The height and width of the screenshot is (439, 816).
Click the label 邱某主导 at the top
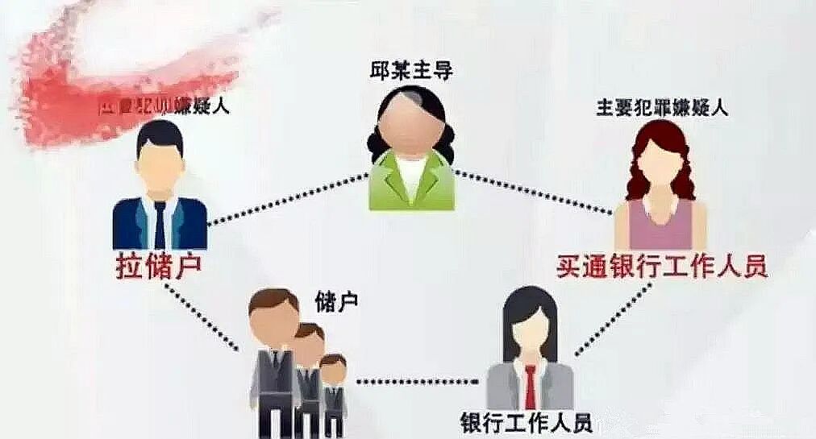point(409,72)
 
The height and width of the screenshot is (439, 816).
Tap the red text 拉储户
point(157,265)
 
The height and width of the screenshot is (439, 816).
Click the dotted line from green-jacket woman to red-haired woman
point(531,193)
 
